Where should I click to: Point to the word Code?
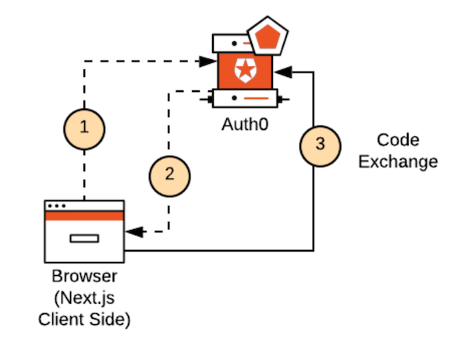pyautogui.click(x=398, y=140)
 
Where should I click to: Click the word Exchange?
pyautogui.click(x=398, y=162)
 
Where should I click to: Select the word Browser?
pyautogui.click(x=83, y=277)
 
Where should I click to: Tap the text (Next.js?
pyautogui.click(x=83, y=298)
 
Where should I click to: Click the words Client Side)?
pyautogui.click(x=83, y=318)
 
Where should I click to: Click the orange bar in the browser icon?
pyautogui.click(x=84, y=216)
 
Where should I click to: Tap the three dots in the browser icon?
pyautogui.click(x=56, y=206)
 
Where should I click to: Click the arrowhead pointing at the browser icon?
pyautogui.click(x=133, y=232)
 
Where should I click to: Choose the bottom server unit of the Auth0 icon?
pyautogui.click(x=244, y=99)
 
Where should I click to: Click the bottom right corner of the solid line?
pyautogui.click(x=314, y=250)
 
